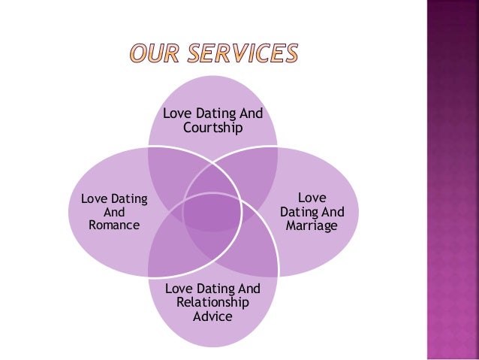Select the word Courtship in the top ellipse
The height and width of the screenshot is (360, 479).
click(213, 129)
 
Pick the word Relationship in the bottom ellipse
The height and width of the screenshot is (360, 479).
click(212, 302)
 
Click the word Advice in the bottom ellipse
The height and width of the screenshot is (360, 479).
click(212, 316)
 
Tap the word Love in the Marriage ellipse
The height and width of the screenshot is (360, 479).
click(312, 198)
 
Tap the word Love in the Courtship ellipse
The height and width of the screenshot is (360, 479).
click(177, 114)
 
